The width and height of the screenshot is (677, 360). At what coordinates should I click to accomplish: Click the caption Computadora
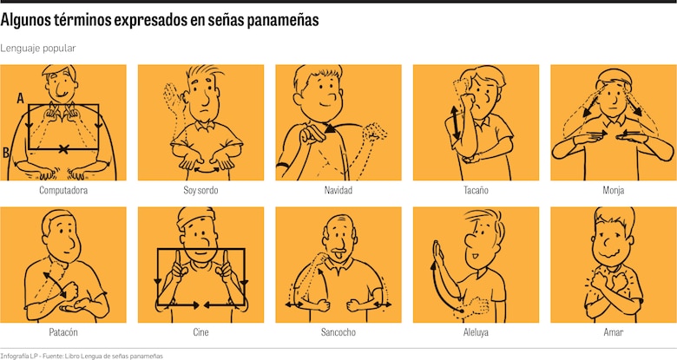tap(63, 190)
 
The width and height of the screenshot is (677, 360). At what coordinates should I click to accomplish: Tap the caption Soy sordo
tap(200, 190)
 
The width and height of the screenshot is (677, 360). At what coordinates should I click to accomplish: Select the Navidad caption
tap(338, 190)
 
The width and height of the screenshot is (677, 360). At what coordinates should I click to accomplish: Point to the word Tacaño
tap(476, 190)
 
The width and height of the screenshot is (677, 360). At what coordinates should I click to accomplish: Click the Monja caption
tap(613, 190)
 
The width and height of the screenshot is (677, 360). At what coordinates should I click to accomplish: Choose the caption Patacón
tap(63, 332)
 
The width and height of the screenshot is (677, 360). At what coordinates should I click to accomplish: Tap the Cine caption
tap(200, 332)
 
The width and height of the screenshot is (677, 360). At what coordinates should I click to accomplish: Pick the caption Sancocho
tap(338, 332)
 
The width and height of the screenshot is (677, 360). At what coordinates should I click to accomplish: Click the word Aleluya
tap(476, 332)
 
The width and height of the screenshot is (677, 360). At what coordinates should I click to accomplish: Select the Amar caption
tap(613, 332)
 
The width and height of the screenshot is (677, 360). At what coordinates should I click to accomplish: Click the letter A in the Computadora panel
tap(19, 99)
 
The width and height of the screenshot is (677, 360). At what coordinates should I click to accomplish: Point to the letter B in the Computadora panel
tap(7, 153)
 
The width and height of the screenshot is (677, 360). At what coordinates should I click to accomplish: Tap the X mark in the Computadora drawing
tap(63, 150)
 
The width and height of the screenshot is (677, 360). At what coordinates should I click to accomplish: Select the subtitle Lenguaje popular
tap(38, 49)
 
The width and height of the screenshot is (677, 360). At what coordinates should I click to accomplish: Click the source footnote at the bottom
tap(82, 355)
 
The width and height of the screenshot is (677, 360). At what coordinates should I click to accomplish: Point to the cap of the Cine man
tap(197, 217)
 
